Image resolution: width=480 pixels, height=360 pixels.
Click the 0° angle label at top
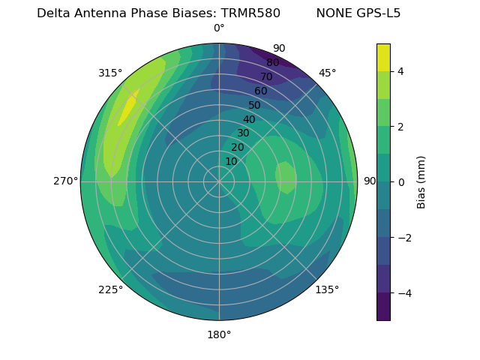point(219,28)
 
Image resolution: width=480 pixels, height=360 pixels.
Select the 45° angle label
point(327,73)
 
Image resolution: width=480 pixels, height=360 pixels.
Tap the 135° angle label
point(327,289)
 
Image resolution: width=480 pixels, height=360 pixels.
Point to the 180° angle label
point(219,334)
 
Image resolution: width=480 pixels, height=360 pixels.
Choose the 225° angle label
point(110,289)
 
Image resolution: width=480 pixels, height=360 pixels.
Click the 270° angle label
point(65,181)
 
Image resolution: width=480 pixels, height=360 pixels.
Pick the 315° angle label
point(110,73)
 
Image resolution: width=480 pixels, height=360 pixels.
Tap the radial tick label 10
point(231,161)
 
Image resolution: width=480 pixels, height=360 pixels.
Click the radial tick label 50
point(254,105)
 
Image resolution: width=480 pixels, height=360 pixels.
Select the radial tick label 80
point(272,62)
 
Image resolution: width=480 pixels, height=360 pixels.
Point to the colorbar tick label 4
point(401,71)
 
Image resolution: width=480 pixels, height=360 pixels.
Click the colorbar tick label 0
point(401,182)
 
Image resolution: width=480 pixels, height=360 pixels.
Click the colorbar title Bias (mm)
point(421,182)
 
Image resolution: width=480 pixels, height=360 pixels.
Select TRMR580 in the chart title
point(250,13)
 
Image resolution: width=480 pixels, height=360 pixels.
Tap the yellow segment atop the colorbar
point(383,58)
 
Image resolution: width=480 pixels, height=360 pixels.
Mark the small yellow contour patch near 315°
point(127,108)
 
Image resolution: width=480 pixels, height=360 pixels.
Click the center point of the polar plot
point(219,181)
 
